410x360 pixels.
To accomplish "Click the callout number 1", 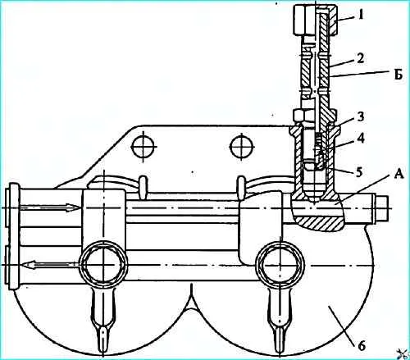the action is click(x=361, y=15).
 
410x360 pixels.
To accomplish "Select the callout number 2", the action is click(x=361, y=58).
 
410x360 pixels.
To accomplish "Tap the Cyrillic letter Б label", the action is click(x=399, y=75).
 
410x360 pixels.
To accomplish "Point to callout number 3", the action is click(x=361, y=116).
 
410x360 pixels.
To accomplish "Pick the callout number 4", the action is click(x=361, y=139).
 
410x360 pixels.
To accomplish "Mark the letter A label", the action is click(x=399, y=174).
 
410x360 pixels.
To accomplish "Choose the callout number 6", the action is click(x=362, y=346).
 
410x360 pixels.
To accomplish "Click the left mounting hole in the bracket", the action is click(x=144, y=147).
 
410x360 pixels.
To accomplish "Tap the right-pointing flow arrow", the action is click(x=49, y=207).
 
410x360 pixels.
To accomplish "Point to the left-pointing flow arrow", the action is click(x=51, y=265).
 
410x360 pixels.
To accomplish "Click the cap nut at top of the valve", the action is click(x=315, y=21).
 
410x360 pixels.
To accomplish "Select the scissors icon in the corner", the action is click(x=402, y=353).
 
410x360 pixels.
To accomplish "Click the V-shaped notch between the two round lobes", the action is click(x=192, y=298).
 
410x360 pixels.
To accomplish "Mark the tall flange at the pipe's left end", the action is click(x=14, y=236).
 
